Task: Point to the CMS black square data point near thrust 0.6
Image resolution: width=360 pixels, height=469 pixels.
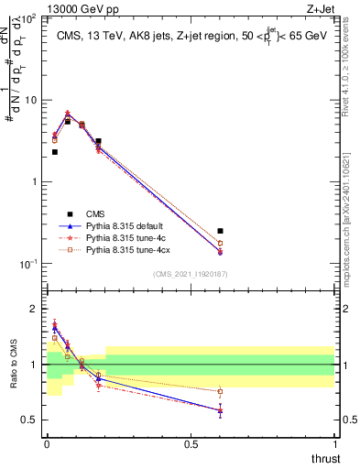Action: (x=220, y=232)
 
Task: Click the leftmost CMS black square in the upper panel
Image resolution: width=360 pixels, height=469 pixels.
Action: (x=55, y=152)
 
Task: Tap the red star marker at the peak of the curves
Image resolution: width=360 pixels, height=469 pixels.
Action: (x=68, y=114)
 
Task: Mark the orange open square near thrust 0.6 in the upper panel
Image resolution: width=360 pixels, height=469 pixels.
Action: (x=220, y=243)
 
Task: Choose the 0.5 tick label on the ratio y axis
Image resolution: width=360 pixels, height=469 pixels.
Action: (x=29, y=420)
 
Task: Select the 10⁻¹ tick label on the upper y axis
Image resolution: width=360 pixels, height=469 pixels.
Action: (x=27, y=264)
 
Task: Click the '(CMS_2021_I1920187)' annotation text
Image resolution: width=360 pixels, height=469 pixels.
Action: (x=190, y=274)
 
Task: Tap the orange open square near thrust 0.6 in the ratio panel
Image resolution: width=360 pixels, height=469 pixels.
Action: (x=220, y=391)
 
